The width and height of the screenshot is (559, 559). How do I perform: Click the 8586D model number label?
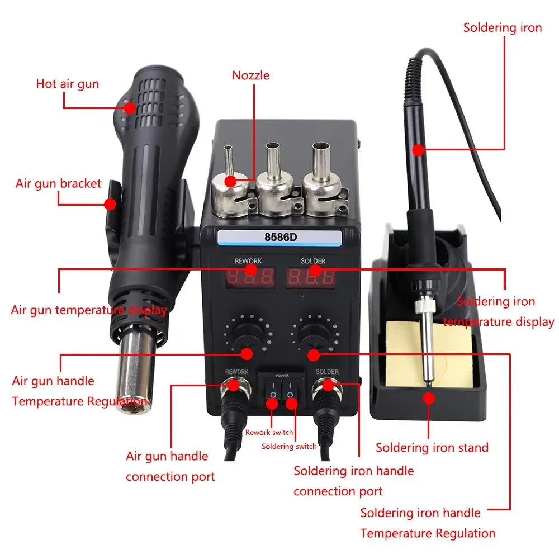(280, 237)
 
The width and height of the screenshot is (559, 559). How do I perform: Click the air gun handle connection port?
(230, 386)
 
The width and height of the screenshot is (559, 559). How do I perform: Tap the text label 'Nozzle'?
(250, 75)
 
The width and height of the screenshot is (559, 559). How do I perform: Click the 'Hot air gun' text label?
(67, 84)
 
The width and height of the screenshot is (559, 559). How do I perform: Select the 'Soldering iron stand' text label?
(432, 447)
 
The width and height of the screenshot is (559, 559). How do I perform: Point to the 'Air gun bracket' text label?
(58, 183)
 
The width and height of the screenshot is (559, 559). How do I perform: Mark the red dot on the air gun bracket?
(110, 205)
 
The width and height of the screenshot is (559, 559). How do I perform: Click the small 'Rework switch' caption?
(269, 432)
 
